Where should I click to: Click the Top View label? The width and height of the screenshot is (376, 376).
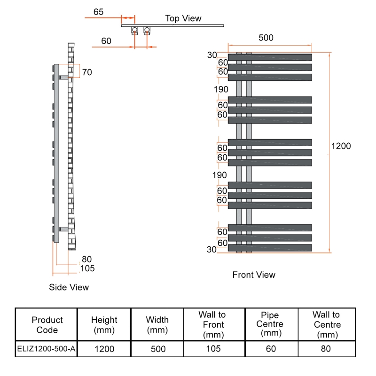[x=183, y=19]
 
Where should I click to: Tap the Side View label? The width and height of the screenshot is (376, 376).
[x=69, y=287]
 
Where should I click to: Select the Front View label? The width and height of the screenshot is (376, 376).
[x=254, y=274]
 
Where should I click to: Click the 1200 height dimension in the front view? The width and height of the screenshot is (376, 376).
[x=341, y=146]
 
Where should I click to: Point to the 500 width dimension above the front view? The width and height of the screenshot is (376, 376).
[x=266, y=38]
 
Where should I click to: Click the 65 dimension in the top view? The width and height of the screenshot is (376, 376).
[x=98, y=12]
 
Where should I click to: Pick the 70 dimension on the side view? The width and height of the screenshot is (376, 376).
[x=87, y=72]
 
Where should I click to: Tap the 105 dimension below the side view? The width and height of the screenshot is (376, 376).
[x=87, y=268]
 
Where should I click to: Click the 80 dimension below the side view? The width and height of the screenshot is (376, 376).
[x=86, y=259]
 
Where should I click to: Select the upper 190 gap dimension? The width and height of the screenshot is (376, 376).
[x=220, y=89]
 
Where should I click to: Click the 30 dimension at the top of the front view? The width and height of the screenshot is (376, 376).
[x=211, y=55]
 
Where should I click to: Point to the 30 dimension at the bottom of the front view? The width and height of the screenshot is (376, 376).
[x=211, y=250]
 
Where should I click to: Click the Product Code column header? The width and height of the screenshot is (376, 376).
[x=47, y=325]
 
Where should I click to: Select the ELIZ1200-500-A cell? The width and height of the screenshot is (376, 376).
[x=46, y=349]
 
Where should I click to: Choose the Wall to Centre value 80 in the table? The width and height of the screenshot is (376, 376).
[x=326, y=349]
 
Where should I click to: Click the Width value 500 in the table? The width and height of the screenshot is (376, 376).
[x=157, y=349]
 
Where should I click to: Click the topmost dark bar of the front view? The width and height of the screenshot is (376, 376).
[x=270, y=57]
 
